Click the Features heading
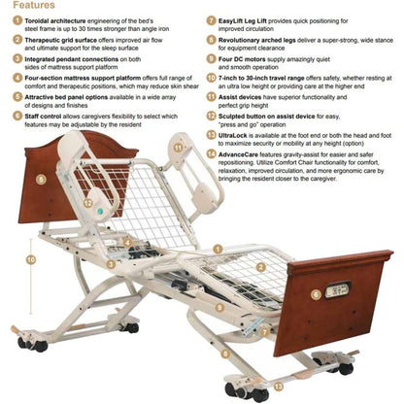[x=32, y=5]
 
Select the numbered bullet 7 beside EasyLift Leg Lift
[x=212, y=19]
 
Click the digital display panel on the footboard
[x=339, y=290]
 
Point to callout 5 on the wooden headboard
[x=41, y=179]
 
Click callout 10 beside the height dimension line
[x=31, y=259]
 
